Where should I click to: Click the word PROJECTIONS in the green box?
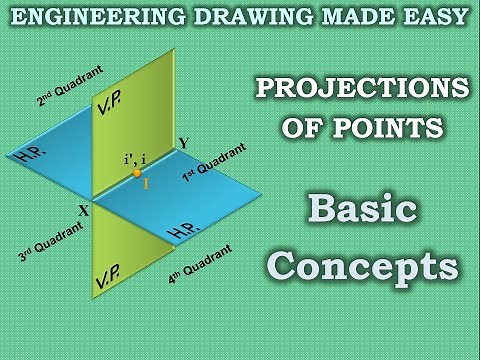362,88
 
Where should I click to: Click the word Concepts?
365,266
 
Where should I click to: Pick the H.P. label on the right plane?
183,230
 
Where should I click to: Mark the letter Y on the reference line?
181,143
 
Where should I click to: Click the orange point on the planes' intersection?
137,173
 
